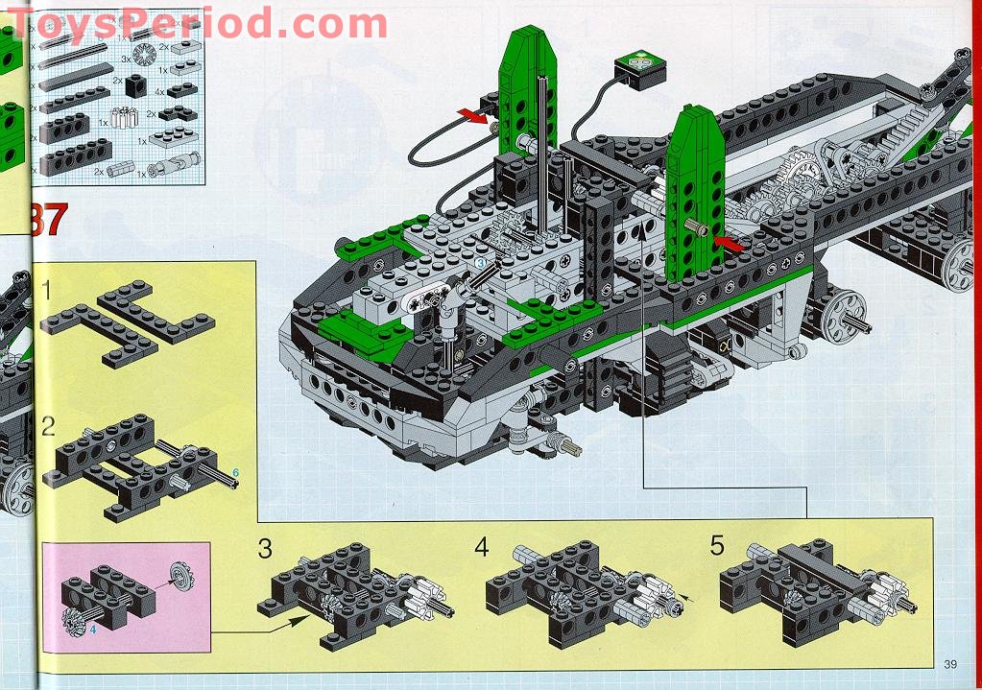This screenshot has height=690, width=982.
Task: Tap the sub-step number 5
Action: pos(717,546)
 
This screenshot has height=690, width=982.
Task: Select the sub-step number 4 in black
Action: pos(481,547)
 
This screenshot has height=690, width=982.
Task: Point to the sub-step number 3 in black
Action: pos(265,549)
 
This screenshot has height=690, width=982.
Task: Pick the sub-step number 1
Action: pos(47,288)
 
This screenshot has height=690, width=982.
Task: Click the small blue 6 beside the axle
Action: pos(235,472)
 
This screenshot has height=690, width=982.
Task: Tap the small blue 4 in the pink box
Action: pos(94,630)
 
